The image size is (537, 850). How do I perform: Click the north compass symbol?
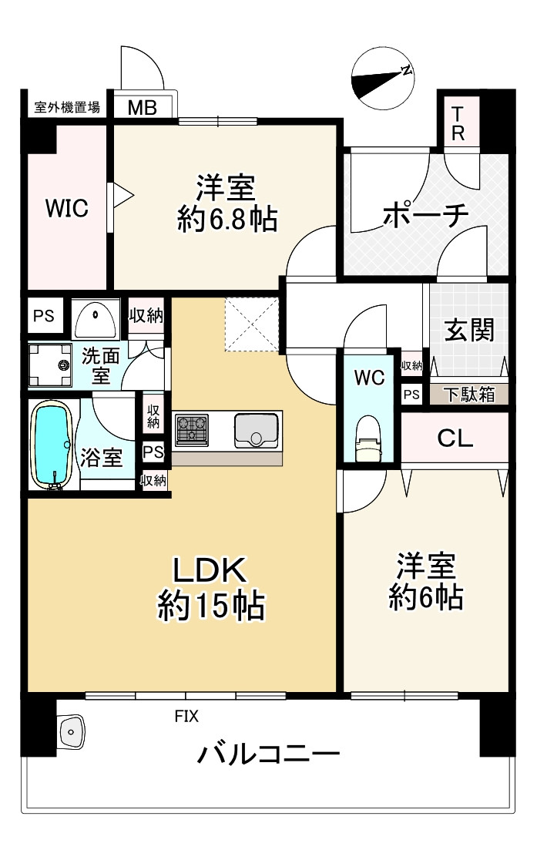383,79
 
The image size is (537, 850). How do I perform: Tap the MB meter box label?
142,107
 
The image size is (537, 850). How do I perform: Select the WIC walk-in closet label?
67,208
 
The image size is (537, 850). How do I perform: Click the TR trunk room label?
458,123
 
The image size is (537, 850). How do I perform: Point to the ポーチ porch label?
425,215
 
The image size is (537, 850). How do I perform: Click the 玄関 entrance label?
469,330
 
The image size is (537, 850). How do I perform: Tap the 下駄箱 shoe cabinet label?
469,394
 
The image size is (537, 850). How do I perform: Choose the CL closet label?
455,438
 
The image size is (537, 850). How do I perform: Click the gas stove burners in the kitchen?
191,429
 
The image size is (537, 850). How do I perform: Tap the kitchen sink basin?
256,431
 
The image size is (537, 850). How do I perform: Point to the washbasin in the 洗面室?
96,318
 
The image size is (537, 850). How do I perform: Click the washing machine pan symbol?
50,365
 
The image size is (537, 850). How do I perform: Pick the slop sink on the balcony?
70,732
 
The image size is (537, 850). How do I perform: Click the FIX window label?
186,716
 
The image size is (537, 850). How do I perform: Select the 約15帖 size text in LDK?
211,605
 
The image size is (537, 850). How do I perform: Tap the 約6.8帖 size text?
227,219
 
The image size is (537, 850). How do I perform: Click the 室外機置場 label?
67,107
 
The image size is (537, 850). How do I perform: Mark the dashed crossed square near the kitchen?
252,324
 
